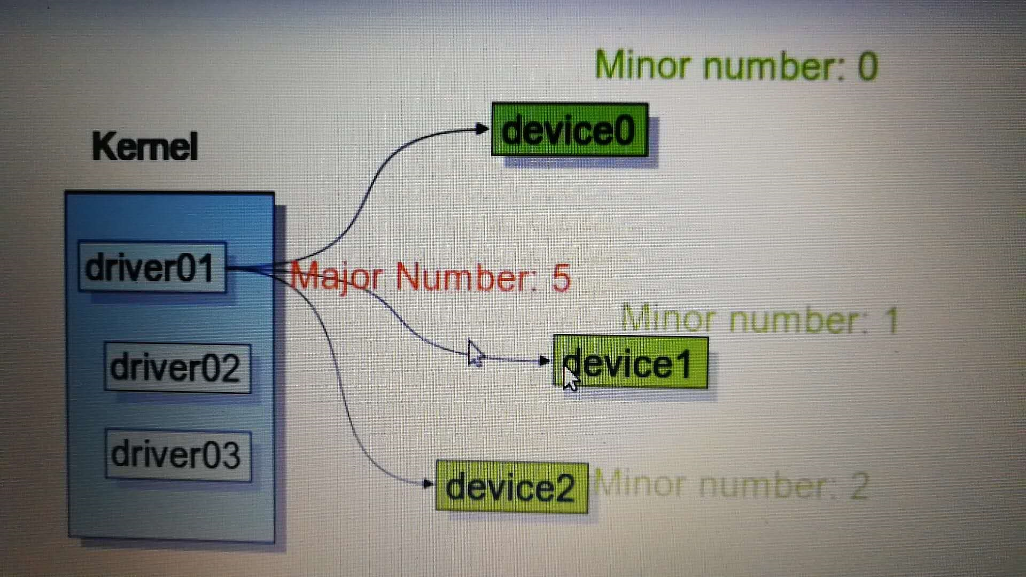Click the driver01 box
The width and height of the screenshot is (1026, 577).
coord(152,267)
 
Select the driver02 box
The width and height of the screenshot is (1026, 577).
coord(177,368)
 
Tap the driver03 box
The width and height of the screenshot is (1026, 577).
coord(178,455)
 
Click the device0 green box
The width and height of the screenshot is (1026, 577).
coord(570,130)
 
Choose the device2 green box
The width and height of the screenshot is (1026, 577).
coord(511,487)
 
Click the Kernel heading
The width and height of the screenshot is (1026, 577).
coord(145,146)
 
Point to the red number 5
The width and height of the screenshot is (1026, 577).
coord(561,278)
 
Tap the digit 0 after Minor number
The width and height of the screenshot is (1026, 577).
coord(868,67)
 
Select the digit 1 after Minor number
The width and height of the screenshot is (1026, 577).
coord(891,321)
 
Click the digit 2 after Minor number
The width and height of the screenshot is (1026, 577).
coord(859,486)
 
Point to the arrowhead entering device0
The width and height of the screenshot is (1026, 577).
coord(482,129)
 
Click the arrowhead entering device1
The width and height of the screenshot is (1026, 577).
coord(545,361)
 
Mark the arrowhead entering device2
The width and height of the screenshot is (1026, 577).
coord(428,484)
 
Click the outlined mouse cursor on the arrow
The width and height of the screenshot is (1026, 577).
coord(475,353)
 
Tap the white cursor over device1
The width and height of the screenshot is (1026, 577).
coord(571,378)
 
